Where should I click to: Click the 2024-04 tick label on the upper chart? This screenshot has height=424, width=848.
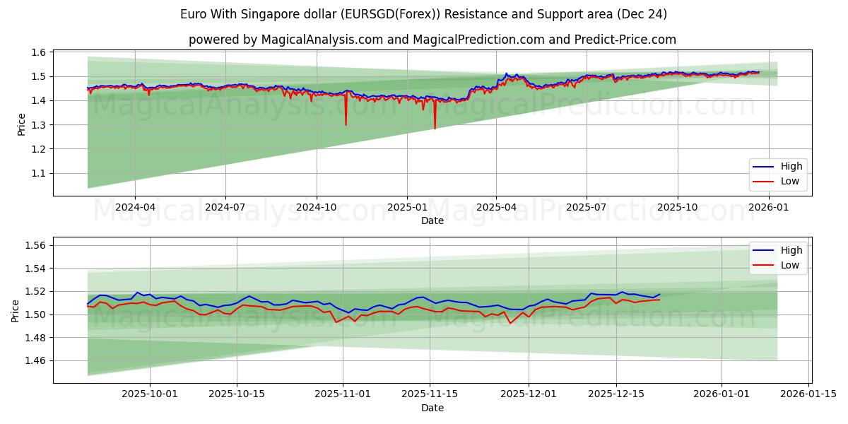click(134, 208)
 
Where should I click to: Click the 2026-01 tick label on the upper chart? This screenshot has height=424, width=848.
click(768, 208)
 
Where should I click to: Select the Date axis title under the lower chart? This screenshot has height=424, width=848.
click(432, 408)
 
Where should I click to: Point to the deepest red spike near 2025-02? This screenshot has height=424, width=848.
click(435, 129)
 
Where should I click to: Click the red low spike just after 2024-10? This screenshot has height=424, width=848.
click(346, 125)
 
